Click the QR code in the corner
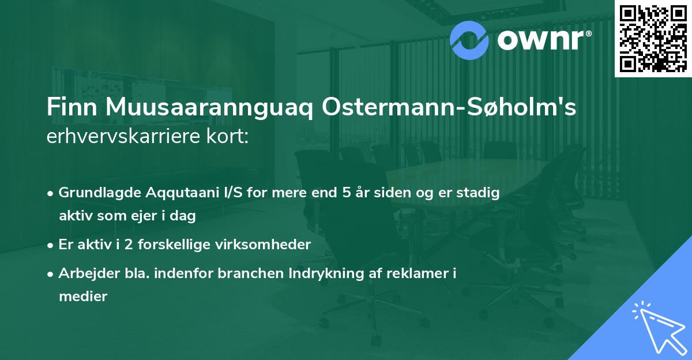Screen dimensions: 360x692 (x=653, y=38)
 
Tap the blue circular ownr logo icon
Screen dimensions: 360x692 (x=470, y=40)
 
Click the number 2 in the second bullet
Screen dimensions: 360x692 (x=120, y=245)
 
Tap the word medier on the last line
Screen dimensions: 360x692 (x=83, y=297)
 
